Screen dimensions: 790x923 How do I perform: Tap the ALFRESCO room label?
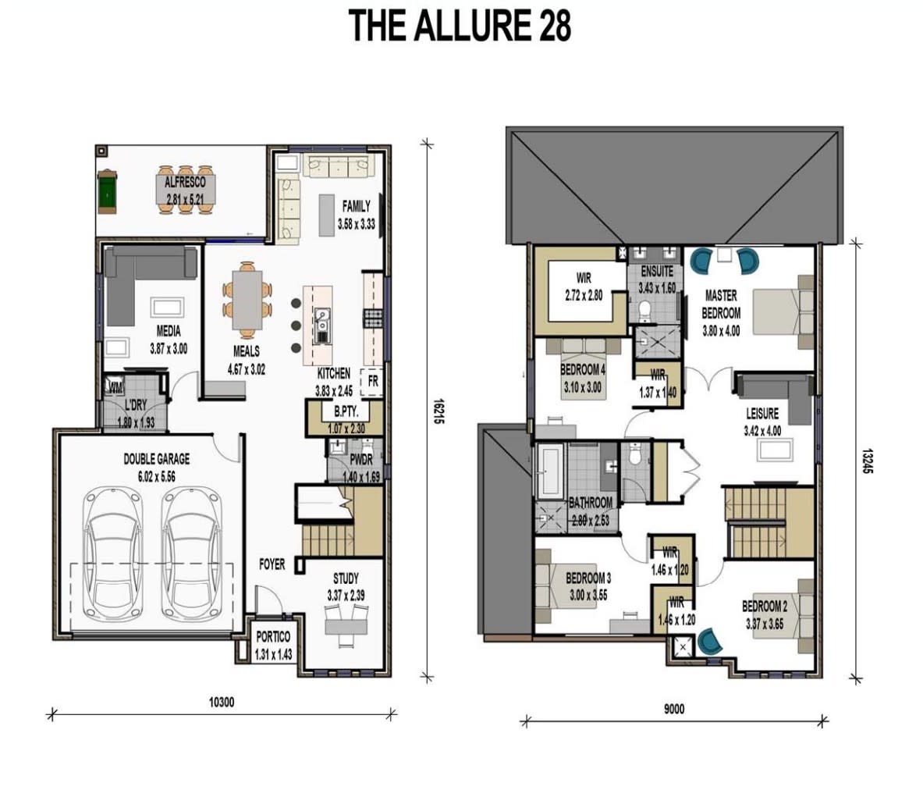tap(184, 182)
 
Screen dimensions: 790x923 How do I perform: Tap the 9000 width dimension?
tap(673, 709)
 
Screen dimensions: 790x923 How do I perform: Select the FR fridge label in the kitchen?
tap(373, 381)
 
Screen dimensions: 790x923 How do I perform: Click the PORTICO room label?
tap(273, 637)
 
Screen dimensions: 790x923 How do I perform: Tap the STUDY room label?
tap(346, 578)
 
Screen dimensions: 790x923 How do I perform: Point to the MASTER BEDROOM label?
tap(721, 304)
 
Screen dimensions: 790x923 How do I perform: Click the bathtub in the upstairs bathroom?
tap(549, 470)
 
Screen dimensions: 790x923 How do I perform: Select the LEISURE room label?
tap(761, 414)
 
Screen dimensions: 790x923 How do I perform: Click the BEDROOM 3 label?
tap(588, 578)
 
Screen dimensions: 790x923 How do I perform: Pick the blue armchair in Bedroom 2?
tap(710, 642)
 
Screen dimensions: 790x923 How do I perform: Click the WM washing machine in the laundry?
tap(115, 386)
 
